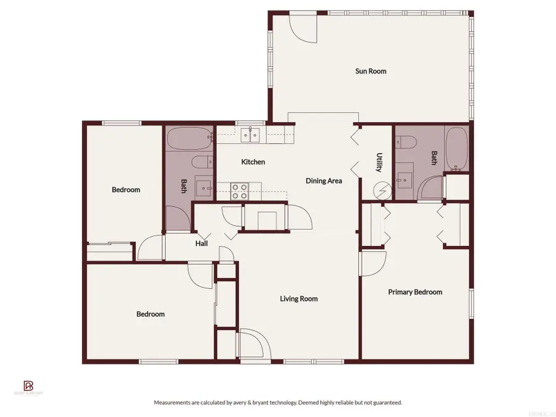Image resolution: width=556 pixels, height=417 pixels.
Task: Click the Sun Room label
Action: (371, 71)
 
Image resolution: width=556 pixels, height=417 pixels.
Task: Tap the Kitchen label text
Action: (253, 162)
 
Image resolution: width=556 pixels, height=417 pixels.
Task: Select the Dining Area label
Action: (324, 181)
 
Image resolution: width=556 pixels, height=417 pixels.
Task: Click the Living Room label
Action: (298, 299)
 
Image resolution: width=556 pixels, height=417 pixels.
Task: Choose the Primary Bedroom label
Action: (415, 292)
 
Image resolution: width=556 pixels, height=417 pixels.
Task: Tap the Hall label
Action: (201, 243)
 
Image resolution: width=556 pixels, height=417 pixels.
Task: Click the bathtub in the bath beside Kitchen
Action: (188, 139)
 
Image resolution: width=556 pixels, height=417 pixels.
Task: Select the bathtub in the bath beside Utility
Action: (458, 148)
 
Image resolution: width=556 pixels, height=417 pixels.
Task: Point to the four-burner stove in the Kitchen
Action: (240, 191)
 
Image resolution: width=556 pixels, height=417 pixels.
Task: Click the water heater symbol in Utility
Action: (384, 191)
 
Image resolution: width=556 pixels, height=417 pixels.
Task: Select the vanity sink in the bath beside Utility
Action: (404, 179)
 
